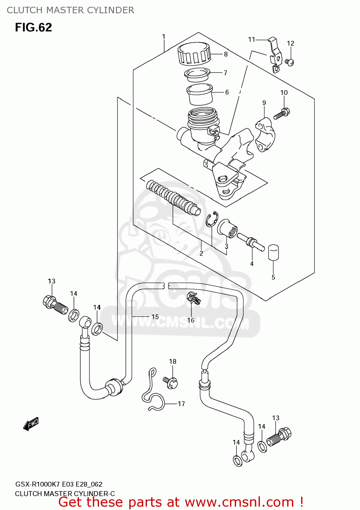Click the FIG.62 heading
pos(33,28)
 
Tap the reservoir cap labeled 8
pos(194,54)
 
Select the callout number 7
pos(225,73)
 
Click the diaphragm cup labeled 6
pos(200,94)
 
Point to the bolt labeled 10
pos(281,113)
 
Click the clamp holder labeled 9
pos(265,135)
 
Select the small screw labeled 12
pos(290,62)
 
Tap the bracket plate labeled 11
pos(275,54)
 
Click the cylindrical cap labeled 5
pos(274,253)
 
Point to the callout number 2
pos(201,254)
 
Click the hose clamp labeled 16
pos(194,298)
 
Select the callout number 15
pos(155,317)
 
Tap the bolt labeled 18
pos(171,382)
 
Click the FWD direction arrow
pos(31,424)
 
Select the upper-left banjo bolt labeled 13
pos(54,304)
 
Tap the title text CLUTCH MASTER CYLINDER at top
pos(70,10)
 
